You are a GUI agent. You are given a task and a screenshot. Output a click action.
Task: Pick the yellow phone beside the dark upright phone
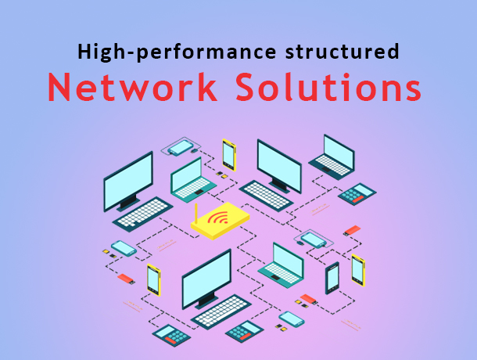[x=357, y=270]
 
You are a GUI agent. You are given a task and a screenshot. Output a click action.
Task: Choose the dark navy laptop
[x=334, y=155]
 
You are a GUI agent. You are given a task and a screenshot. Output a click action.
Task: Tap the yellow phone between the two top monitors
[x=229, y=154]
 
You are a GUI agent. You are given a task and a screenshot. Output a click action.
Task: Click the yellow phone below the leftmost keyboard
[x=153, y=279]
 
